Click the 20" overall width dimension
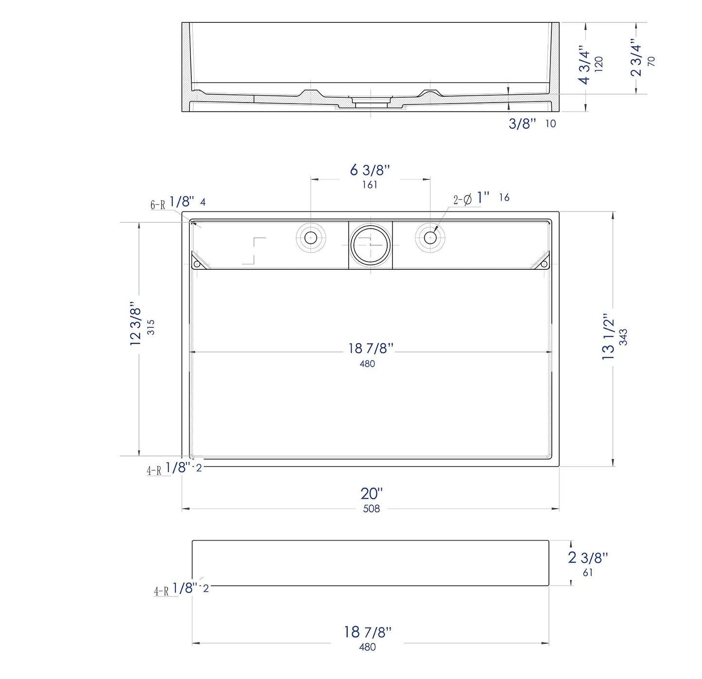[x=371, y=493]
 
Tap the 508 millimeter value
[x=371, y=509]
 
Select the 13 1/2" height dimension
[x=608, y=336]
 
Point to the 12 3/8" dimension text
[x=135, y=324]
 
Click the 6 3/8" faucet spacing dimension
[x=370, y=170]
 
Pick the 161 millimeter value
[x=370, y=185]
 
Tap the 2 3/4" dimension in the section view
[x=635, y=58]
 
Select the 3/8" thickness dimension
[x=522, y=124]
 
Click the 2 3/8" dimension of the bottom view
[x=588, y=557]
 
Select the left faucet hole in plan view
[x=310, y=238]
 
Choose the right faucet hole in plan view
[x=430, y=238]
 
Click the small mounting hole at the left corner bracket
[x=197, y=264]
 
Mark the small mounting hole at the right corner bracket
[x=545, y=264]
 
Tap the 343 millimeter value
[x=623, y=337]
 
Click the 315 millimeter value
[x=151, y=327]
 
